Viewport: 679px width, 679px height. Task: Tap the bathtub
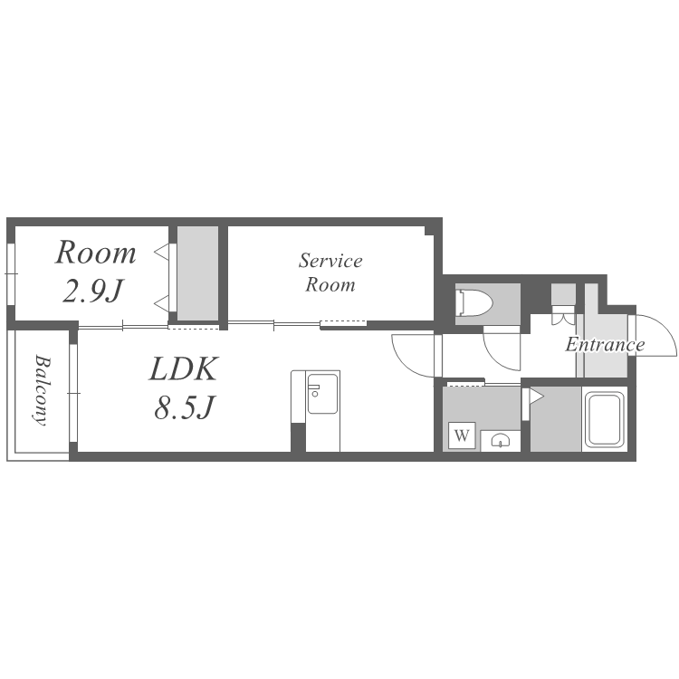604,417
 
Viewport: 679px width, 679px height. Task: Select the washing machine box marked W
462,435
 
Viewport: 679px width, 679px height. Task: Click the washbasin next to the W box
500,440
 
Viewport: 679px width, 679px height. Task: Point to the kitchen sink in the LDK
322,397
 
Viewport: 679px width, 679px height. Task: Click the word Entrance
605,345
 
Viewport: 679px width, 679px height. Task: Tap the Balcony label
42,390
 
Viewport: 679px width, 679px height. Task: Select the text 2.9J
93,292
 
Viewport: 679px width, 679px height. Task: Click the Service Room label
330,273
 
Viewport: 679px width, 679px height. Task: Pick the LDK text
184,368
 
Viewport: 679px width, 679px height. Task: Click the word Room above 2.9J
96,253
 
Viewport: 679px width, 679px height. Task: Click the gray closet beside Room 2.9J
197,271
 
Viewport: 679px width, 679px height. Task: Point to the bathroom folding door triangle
535,396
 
